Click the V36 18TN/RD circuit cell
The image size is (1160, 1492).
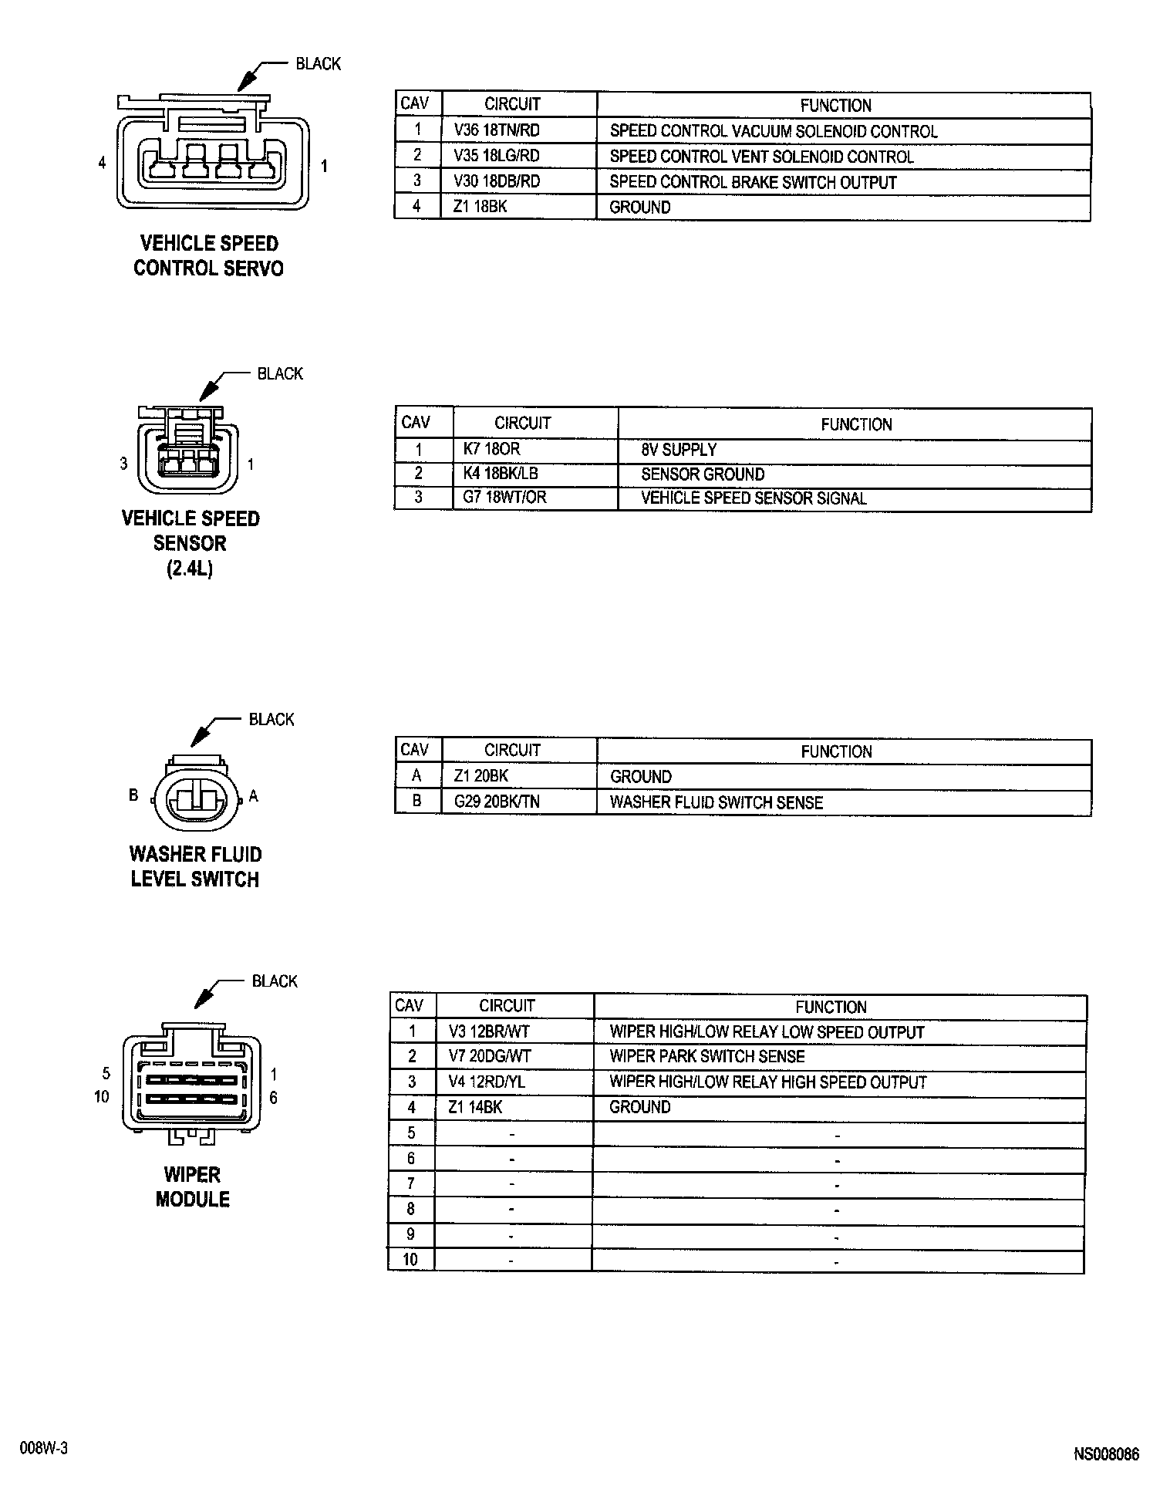tap(497, 130)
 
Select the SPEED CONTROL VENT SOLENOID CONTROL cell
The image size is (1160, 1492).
tap(761, 157)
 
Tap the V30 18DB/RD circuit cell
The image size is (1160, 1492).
tap(497, 182)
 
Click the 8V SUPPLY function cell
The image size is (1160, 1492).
tap(679, 449)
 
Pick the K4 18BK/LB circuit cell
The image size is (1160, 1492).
tap(500, 474)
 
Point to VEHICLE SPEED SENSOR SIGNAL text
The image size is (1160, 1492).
tap(754, 498)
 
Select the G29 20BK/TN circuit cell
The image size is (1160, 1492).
tap(497, 802)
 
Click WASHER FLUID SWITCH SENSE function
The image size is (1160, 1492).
tap(716, 802)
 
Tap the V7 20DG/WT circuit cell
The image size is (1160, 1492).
tap(490, 1056)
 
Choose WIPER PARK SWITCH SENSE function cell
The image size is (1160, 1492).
tap(706, 1056)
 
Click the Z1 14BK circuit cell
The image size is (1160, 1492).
tap(475, 1107)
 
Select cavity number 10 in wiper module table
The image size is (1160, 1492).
tap(410, 1260)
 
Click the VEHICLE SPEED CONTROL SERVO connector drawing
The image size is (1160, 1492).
tap(212, 154)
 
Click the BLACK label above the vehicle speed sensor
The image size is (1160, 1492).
tap(280, 373)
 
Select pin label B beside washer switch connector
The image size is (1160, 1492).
tap(133, 795)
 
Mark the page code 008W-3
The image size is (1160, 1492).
tap(44, 1449)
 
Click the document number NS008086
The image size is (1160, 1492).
tap(1106, 1455)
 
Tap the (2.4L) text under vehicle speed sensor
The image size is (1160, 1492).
tap(189, 569)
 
